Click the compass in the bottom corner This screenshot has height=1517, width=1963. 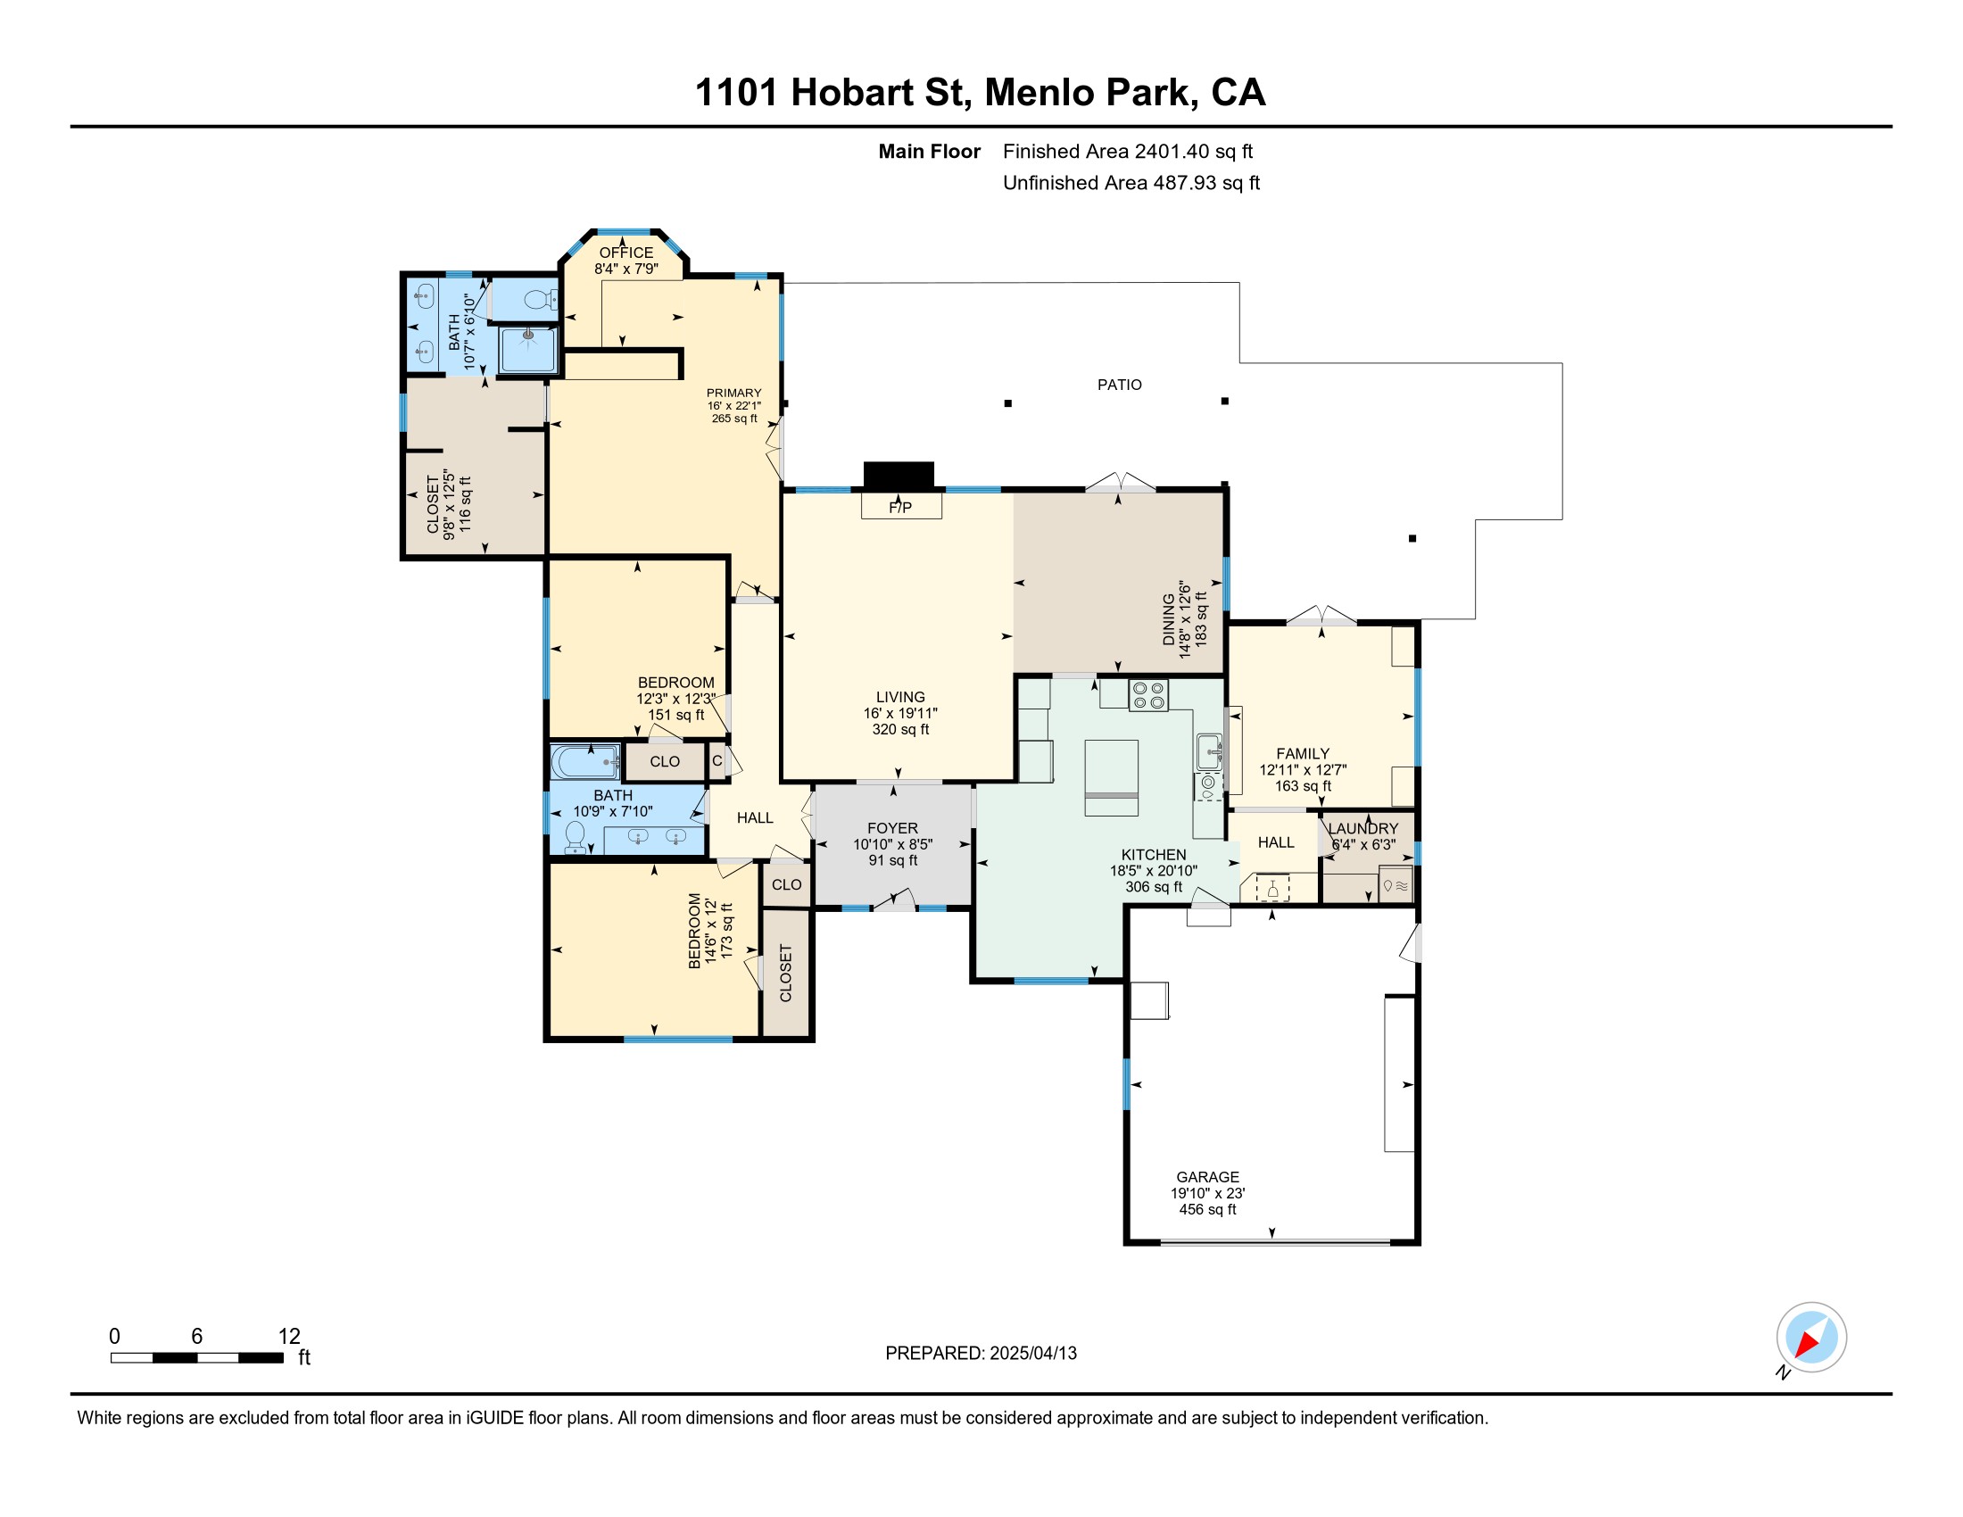tap(1811, 1338)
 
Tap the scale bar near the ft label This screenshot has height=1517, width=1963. tap(197, 1358)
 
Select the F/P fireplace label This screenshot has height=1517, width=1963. tap(900, 508)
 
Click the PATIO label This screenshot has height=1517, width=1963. tap(1119, 385)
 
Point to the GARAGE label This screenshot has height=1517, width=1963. tap(1207, 1177)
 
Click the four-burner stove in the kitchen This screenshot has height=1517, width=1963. tap(1147, 697)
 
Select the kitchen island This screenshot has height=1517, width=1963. tap(1111, 777)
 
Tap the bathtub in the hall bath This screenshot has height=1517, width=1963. tap(585, 762)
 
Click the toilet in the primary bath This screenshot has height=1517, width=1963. tap(540, 298)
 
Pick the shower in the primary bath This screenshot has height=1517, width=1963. tap(527, 350)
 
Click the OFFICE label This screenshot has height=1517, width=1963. tap(626, 253)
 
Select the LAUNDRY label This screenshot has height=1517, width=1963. tap(1363, 829)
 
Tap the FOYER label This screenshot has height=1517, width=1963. tap(892, 829)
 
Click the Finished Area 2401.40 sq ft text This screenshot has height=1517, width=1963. tap(1128, 152)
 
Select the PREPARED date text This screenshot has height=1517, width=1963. tap(981, 1354)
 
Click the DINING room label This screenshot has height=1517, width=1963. tap(1169, 619)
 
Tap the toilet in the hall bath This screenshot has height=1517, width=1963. tap(575, 837)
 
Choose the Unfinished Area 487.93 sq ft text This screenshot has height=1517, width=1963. tap(1131, 183)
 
